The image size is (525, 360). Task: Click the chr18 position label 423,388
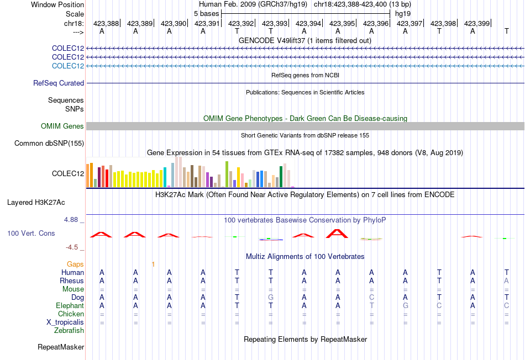click(106, 23)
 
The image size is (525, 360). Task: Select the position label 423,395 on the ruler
click(342, 23)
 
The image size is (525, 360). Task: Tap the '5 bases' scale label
click(206, 14)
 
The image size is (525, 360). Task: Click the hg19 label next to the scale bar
click(403, 14)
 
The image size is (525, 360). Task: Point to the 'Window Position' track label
click(57, 4)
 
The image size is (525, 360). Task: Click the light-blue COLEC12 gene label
click(68, 66)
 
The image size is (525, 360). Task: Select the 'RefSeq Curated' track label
click(59, 83)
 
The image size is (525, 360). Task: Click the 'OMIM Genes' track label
click(62, 126)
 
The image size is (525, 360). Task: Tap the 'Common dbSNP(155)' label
click(49, 143)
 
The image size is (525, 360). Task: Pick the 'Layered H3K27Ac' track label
click(36, 203)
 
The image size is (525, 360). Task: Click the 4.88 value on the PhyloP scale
click(71, 220)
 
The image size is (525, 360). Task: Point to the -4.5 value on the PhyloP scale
click(72, 247)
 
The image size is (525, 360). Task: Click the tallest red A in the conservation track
click(337, 234)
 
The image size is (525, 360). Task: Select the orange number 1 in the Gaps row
click(153, 264)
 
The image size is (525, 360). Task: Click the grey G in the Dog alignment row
click(271, 297)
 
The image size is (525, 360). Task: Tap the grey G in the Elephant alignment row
click(406, 305)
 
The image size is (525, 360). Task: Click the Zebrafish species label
click(69, 331)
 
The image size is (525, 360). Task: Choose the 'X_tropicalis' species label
click(65, 322)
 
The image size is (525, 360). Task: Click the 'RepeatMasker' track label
click(61, 347)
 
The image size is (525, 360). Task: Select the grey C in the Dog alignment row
click(372, 297)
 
